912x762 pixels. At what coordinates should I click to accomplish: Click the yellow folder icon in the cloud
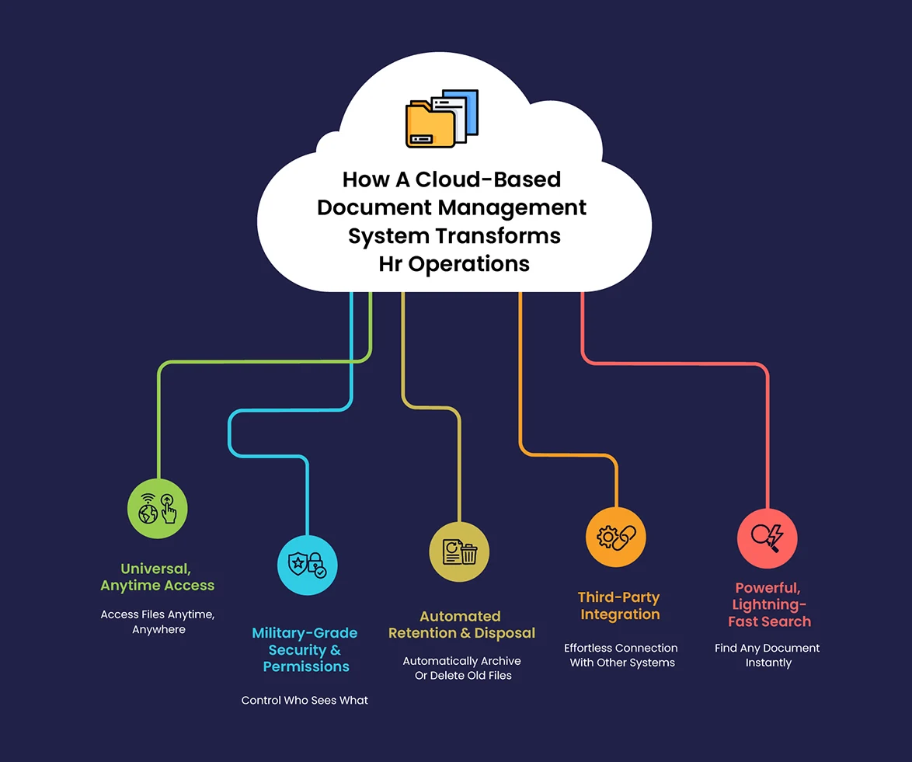[x=440, y=119]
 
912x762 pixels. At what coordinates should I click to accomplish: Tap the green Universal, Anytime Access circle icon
[x=158, y=509]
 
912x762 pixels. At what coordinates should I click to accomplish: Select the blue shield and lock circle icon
[x=308, y=565]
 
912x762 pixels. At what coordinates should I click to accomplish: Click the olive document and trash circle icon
[x=459, y=551]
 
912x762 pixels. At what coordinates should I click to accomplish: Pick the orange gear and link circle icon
[x=615, y=537]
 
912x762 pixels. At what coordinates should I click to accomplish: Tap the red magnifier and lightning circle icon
[x=767, y=538]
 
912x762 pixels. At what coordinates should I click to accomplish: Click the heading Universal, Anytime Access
[x=158, y=577]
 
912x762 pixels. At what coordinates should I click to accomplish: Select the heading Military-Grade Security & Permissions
[x=305, y=650]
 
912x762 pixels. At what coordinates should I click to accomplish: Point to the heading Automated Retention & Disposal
[x=461, y=625]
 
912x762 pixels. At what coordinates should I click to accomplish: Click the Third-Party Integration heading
[x=618, y=606]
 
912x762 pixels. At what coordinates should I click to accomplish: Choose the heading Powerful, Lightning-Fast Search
[x=769, y=604]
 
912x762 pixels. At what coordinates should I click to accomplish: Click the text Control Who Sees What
[x=305, y=701]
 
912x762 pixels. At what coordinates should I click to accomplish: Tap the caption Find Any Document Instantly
[x=768, y=655]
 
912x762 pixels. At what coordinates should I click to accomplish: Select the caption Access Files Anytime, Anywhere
[x=158, y=621]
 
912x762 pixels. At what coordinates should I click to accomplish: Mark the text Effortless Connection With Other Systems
[x=621, y=655]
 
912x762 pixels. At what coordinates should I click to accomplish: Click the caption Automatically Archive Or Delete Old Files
[x=461, y=667]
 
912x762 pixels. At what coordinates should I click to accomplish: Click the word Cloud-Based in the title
[x=488, y=179]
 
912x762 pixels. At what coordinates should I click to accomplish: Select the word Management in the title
[x=512, y=208]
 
